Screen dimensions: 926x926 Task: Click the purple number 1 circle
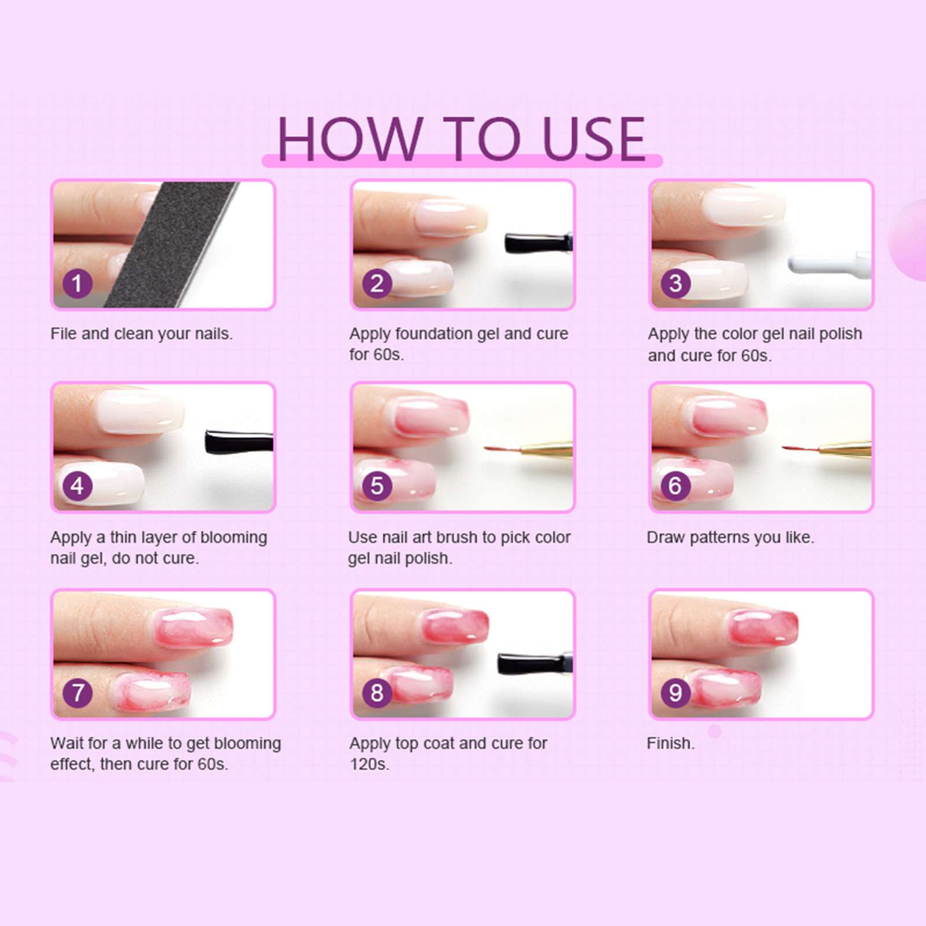point(77,284)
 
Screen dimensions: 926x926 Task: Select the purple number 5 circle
point(377,486)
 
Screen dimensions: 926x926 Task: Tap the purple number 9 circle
point(675,692)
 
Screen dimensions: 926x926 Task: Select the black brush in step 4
point(237,442)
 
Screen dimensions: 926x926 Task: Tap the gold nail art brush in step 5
point(547,447)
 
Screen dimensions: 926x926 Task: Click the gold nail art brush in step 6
point(845,448)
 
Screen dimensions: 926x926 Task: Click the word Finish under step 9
point(670,743)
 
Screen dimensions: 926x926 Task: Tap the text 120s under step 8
point(369,764)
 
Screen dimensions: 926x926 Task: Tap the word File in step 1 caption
point(63,334)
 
